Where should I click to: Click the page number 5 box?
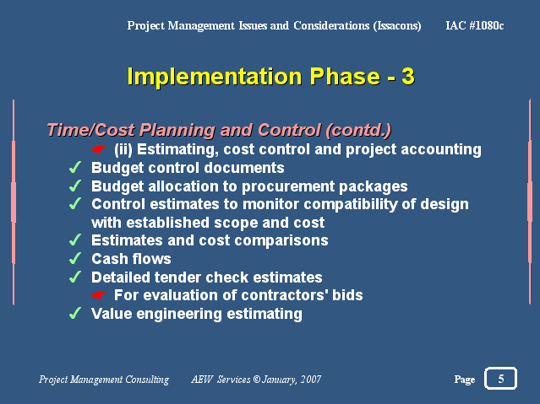pyautogui.click(x=500, y=378)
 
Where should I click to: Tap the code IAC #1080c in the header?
pyautogui.click(x=475, y=25)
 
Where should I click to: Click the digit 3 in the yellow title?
pyautogui.click(x=408, y=76)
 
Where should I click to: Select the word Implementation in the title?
pyautogui.click(x=215, y=77)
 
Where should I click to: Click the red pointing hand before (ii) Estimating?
pyautogui.click(x=99, y=149)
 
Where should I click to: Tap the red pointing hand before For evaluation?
pyautogui.click(x=99, y=295)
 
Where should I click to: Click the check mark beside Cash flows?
pyautogui.click(x=75, y=258)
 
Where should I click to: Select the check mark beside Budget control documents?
pyautogui.click(x=75, y=167)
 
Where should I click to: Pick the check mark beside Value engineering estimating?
pyautogui.click(x=75, y=313)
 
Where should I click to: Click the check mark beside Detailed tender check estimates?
pyautogui.click(x=75, y=277)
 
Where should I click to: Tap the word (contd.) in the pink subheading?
pyautogui.click(x=358, y=130)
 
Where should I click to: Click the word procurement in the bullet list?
pyautogui.click(x=288, y=186)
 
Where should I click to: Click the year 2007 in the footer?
pyautogui.click(x=311, y=380)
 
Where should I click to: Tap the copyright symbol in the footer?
pyautogui.click(x=257, y=380)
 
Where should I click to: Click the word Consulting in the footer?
pyautogui.click(x=147, y=380)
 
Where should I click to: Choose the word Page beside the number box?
pyautogui.click(x=465, y=380)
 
